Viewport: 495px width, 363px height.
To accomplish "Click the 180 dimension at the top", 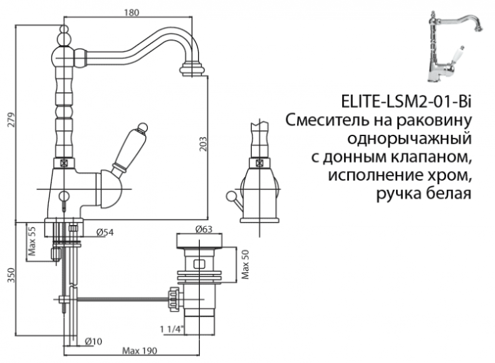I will (131, 12).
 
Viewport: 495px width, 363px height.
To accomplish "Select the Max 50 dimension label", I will (246, 266).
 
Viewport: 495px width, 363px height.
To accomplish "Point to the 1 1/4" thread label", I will (170, 329).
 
